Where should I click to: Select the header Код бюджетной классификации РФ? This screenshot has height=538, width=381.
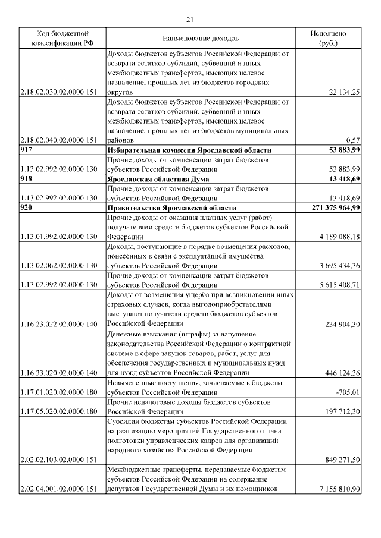(x=63, y=38)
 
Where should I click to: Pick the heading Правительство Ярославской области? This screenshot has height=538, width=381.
(x=168, y=207)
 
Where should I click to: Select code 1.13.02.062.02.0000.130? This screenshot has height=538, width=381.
(x=58, y=265)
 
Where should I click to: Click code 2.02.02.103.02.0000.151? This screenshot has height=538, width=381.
(x=58, y=460)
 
